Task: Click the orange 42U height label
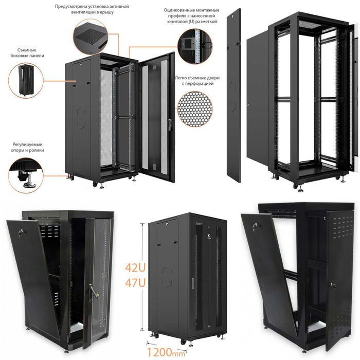(x=135, y=267)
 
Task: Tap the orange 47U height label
(x=135, y=282)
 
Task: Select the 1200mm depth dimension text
(x=166, y=351)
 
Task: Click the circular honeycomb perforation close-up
(x=195, y=109)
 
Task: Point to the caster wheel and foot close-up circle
(x=26, y=175)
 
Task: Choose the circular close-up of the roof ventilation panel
(x=91, y=37)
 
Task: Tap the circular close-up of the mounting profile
(x=195, y=46)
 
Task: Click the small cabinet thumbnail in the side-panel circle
(x=26, y=80)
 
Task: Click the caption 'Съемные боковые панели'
(x=27, y=53)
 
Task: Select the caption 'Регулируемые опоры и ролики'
(x=27, y=148)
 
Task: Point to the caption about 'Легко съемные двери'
(x=197, y=81)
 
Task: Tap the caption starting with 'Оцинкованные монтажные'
(x=192, y=16)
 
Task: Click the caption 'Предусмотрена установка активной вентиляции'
(x=92, y=9)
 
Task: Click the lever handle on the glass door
(x=93, y=292)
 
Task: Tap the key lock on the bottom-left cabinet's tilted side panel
(x=22, y=232)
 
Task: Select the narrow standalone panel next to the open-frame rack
(x=233, y=96)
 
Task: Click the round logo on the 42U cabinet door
(x=210, y=236)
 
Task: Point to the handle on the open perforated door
(x=170, y=124)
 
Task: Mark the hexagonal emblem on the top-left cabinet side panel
(x=81, y=118)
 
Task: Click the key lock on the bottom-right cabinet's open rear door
(x=333, y=285)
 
